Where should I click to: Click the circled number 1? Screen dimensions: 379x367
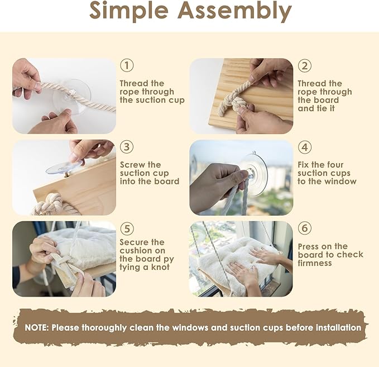tap(127, 65)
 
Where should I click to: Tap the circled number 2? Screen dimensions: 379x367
tap(304, 65)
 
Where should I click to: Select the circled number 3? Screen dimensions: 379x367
tap(127, 146)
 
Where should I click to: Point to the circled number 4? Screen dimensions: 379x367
tap(304, 147)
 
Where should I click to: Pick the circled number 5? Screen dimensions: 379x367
tap(127, 228)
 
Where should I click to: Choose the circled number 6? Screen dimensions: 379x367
tap(304, 228)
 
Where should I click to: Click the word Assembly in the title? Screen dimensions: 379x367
tap(234, 11)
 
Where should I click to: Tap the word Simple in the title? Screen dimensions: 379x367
tap(129, 11)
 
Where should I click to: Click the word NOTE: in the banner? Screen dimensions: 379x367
tap(37, 327)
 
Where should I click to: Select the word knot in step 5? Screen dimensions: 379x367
tap(160, 267)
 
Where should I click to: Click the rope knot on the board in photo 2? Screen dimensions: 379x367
tap(235, 101)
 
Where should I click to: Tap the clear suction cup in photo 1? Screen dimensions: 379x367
tap(72, 96)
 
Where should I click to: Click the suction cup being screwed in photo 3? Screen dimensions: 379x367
tap(64, 168)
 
